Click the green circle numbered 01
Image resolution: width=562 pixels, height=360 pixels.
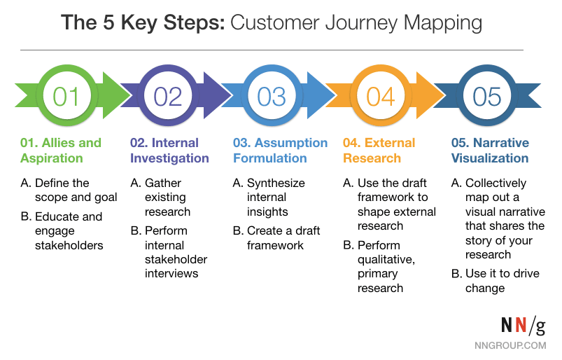(66, 95)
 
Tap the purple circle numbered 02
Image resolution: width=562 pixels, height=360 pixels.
(168, 95)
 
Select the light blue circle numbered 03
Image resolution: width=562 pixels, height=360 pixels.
(272, 95)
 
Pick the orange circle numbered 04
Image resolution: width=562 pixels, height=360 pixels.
(381, 95)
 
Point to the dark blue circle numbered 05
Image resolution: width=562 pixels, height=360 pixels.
(486, 95)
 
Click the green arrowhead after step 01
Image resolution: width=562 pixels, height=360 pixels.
(116, 95)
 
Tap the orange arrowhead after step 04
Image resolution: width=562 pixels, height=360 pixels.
(430, 95)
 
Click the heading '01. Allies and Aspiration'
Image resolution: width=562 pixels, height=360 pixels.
(61, 151)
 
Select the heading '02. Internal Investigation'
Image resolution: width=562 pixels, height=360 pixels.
(169, 151)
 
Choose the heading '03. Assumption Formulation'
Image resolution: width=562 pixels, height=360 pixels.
(280, 151)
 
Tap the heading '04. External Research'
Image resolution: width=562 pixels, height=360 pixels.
(379, 151)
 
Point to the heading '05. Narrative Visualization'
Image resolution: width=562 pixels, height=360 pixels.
(490, 151)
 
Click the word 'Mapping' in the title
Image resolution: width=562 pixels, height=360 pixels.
(442, 23)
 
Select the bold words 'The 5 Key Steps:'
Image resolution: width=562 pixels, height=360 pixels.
(143, 22)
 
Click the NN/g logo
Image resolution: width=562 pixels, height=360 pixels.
(524, 325)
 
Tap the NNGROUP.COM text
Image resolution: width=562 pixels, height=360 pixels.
(510, 345)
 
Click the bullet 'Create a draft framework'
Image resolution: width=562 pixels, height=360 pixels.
(276, 237)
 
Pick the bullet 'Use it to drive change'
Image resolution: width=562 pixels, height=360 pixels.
(496, 281)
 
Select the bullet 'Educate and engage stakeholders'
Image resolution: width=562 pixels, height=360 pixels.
(62, 231)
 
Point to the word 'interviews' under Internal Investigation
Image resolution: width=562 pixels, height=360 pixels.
(171, 273)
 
